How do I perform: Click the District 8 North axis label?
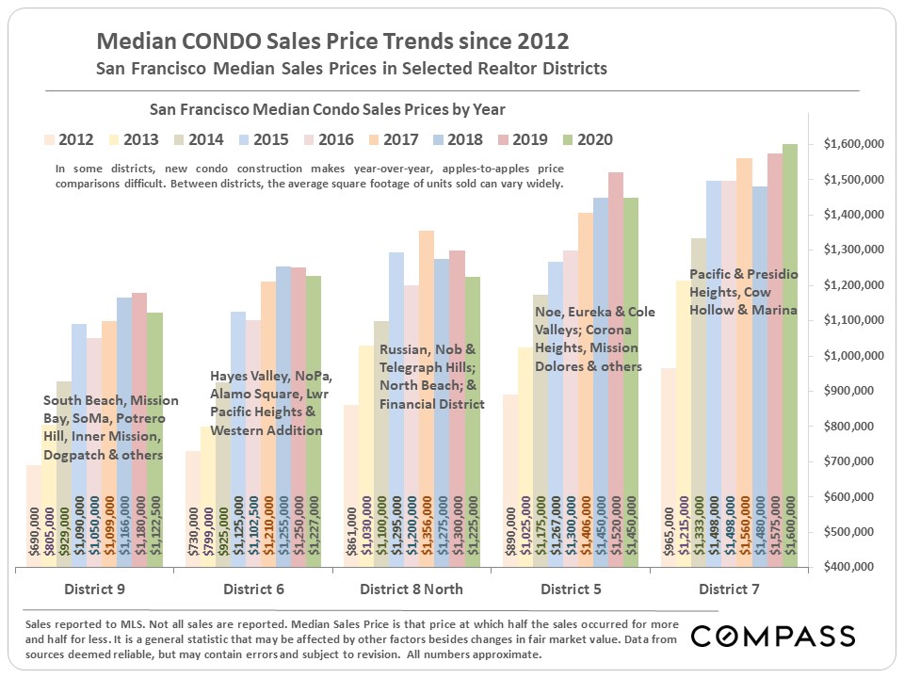[x=411, y=589]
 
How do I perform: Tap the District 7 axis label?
[x=730, y=589]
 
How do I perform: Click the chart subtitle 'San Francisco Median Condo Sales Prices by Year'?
[x=322, y=109]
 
